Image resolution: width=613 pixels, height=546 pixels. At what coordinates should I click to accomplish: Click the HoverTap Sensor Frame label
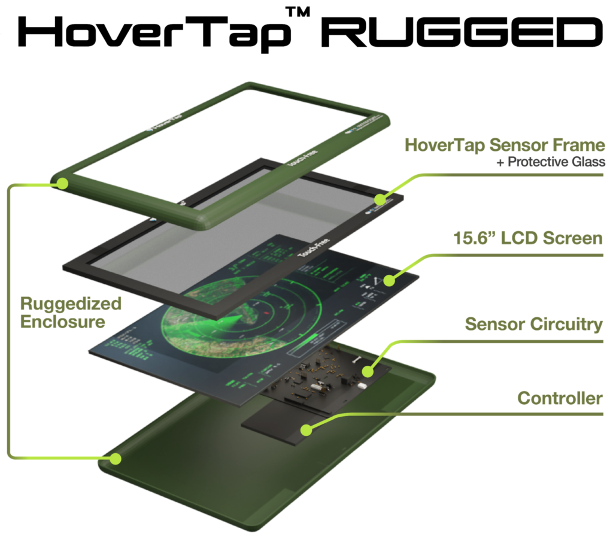click(x=505, y=145)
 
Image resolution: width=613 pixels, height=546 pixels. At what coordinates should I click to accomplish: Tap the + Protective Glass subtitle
click(x=551, y=162)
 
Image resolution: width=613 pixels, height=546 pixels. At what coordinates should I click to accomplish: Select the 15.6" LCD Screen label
click(x=527, y=238)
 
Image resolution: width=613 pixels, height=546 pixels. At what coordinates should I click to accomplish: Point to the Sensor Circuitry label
click(x=533, y=324)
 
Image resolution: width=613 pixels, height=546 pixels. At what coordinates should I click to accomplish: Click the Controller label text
click(x=560, y=398)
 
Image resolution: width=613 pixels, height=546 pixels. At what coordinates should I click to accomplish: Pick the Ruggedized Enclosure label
click(x=71, y=312)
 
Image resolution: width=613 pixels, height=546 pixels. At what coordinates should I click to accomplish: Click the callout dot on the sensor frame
click(x=380, y=199)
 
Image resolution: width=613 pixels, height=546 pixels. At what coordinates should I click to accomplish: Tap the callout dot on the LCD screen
click(x=389, y=280)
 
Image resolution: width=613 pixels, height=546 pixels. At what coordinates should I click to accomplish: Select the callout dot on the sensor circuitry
click(x=368, y=372)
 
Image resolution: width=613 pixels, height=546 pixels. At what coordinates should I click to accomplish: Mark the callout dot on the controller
click(x=306, y=429)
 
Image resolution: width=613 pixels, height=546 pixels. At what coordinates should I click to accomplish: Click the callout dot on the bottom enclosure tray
click(x=115, y=459)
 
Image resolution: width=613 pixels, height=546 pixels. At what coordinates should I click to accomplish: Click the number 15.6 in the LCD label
click(x=471, y=238)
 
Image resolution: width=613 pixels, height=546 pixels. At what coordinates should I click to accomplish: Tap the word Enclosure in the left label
click(x=63, y=321)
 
